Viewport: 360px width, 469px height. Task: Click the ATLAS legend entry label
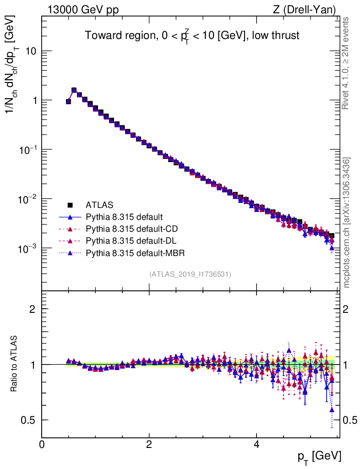99,205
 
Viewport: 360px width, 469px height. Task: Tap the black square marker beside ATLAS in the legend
70,205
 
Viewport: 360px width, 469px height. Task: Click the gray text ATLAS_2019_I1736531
190,274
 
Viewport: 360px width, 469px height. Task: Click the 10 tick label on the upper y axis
30,51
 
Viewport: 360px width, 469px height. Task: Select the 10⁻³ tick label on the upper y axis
27,248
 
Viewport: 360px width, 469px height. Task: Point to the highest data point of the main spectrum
74,90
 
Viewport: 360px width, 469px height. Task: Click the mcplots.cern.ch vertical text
347,223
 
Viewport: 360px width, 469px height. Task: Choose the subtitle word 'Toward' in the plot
99,35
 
